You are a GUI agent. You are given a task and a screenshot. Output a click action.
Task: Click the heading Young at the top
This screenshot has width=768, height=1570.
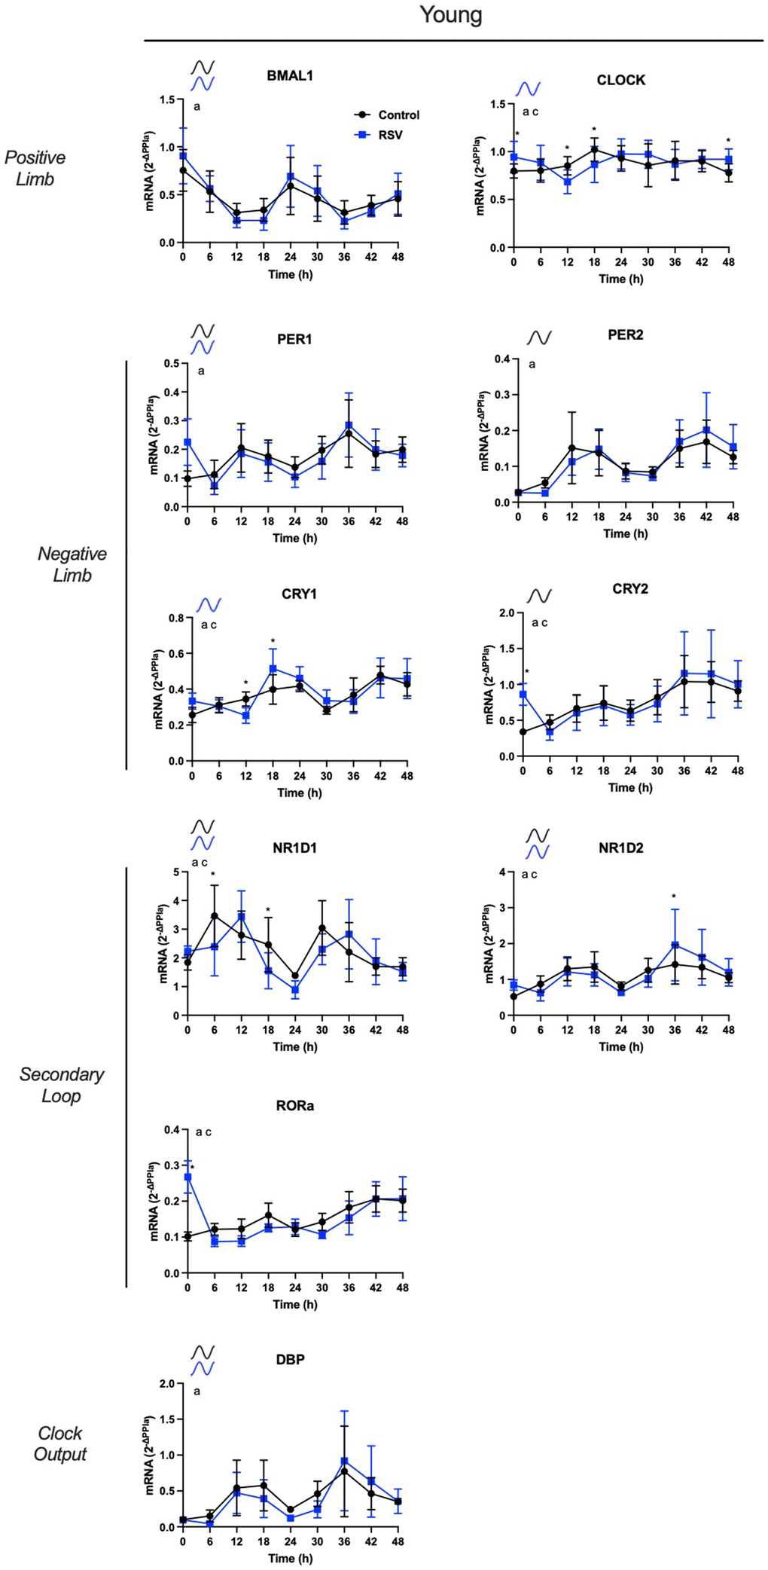(x=450, y=15)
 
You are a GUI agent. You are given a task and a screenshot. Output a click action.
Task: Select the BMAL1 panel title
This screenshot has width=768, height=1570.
(x=290, y=75)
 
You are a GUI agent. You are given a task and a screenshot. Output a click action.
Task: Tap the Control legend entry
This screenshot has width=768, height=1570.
(x=398, y=115)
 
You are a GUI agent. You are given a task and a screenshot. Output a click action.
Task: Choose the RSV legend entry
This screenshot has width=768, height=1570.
(x=389, y=135)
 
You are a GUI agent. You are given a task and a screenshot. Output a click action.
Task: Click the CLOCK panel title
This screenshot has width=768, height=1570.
(x=620, y=80)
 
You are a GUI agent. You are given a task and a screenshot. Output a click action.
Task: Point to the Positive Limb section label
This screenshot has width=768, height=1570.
(x=35, y=168)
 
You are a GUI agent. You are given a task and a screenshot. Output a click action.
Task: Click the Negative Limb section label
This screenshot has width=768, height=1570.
(x=72, y=564)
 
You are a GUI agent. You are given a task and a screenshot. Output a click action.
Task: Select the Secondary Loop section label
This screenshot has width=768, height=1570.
(x=61, y=1085)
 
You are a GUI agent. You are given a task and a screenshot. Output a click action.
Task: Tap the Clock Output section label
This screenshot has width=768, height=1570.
(x=60, y=1443)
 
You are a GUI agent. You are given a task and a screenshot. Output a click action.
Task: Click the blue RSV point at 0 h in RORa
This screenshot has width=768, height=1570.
(x=187, y=1177)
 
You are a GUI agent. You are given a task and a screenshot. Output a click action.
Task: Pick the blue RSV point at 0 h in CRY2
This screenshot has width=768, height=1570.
(x=523, y=694)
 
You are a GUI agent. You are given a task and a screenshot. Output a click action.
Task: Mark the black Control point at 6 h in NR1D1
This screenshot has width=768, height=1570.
(x=215, y=916)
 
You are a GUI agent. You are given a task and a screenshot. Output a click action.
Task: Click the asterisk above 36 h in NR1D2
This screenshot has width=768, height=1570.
(x=674, y=896)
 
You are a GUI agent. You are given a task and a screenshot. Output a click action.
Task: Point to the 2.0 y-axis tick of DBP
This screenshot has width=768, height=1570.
(x=166, y=1384)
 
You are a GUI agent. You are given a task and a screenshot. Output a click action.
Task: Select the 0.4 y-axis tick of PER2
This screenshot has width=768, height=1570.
(x=501, y=359)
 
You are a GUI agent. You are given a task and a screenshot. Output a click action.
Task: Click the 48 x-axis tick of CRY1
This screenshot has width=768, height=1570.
(x=407, y=776)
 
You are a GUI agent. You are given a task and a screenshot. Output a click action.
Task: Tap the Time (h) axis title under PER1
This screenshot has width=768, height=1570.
(x=294, y=538)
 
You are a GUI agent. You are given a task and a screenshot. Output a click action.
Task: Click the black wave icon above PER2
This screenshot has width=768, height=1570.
(x=539, y=337)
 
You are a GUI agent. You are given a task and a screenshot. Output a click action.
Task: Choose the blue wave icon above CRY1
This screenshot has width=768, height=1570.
(x=209, y=605)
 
